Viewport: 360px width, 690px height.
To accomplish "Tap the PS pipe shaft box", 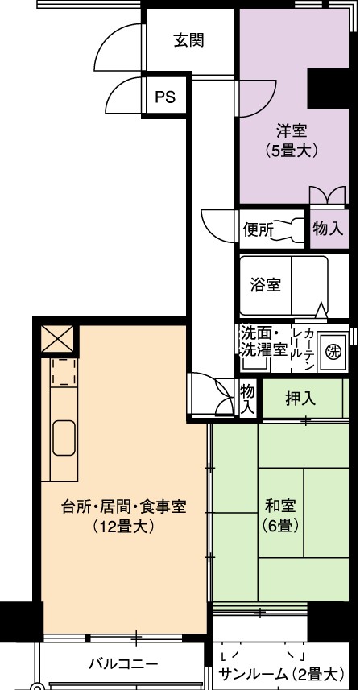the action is [165, 97].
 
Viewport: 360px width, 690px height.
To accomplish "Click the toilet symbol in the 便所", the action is [288, 229].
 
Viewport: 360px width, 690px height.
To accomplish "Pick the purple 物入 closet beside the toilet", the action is [329, 229].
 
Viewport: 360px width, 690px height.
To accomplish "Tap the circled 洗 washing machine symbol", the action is [333, 351].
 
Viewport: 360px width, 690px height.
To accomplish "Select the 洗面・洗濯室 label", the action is [263, 341].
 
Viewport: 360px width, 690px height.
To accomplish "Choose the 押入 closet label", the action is [300, 399].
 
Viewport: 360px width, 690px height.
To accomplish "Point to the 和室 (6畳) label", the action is [280, 514].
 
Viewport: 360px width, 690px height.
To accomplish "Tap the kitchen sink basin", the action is [64, 438].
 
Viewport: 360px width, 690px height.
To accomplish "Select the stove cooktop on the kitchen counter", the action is [64, 372].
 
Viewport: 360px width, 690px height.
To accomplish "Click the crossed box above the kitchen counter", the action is [57, 338].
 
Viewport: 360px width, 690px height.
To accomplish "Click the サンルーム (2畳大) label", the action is [281, 673].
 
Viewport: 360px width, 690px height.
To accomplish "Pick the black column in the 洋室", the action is [328, 89].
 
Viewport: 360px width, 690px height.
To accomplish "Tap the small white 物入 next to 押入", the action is [248, 399].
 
